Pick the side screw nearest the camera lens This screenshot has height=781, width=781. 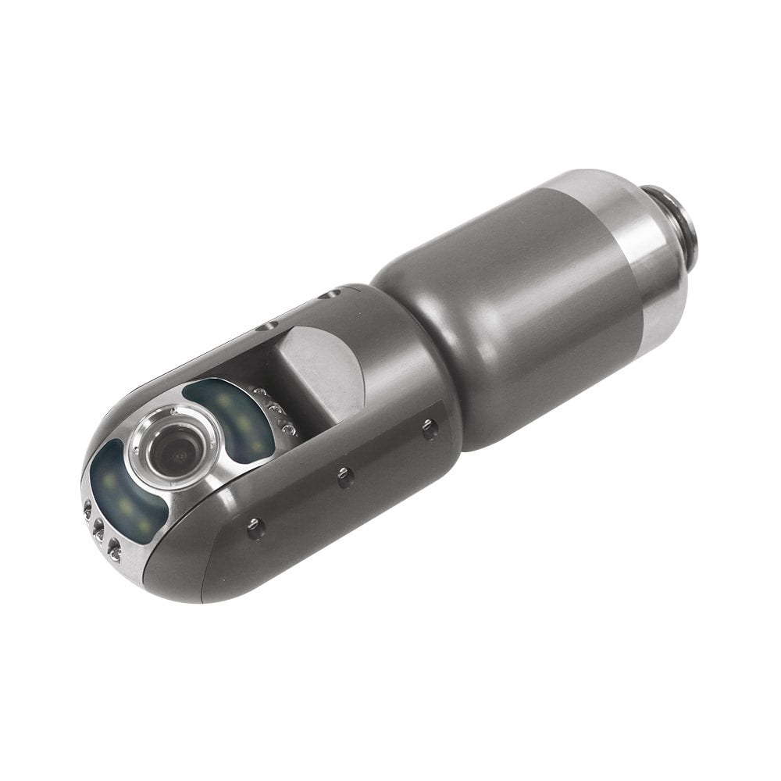tap(254, 525)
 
